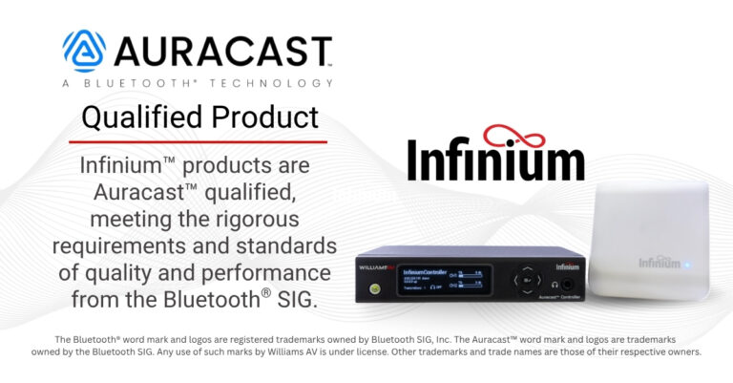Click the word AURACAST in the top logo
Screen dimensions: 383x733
[222, 51]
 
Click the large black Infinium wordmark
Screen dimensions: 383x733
[495, 160]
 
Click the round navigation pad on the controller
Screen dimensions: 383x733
[526, 282]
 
